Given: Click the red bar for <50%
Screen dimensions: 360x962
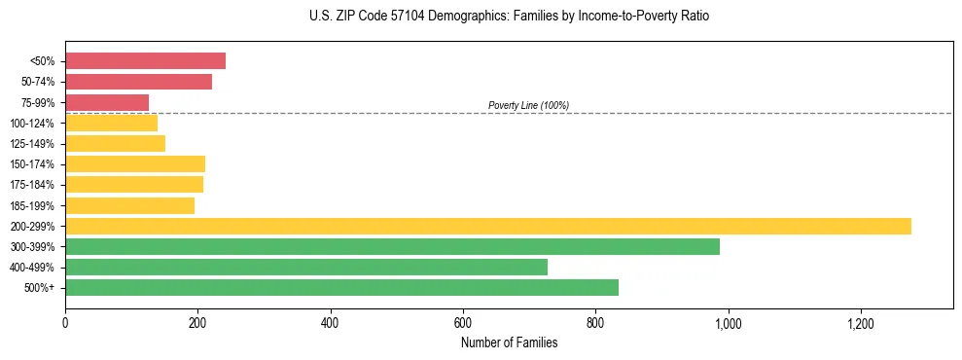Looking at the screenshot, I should pos(145,61).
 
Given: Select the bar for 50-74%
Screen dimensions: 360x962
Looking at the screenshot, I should pos(138,82).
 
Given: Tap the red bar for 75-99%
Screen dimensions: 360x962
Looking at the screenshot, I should pos(107,102).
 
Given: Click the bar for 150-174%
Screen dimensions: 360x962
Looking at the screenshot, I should pos(135,163).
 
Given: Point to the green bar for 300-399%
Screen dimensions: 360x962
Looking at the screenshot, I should pos(392,246).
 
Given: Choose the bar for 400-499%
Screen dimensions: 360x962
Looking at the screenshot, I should pos(306,267).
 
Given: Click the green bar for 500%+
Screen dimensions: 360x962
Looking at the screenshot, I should pos(341,287).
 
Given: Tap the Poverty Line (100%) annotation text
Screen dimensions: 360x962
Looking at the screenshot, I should pos(528,105).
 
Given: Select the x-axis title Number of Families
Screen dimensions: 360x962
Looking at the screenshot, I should pos(510,342).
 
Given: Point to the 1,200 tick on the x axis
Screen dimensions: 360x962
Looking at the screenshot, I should pos(861,322).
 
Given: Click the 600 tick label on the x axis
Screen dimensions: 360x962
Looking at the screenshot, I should pos(463,322).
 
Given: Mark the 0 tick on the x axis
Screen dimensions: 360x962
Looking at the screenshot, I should pos(65,322).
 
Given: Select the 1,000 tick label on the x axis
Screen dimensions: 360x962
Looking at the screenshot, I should pos(729,322).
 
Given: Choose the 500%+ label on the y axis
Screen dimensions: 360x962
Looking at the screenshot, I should pos(40,288).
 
